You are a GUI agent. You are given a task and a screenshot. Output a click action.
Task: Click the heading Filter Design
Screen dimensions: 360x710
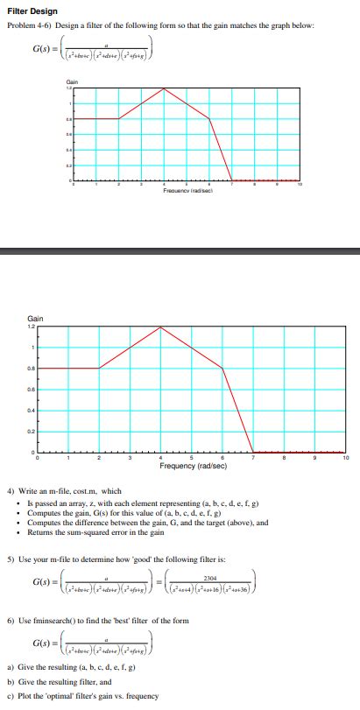[32, 11]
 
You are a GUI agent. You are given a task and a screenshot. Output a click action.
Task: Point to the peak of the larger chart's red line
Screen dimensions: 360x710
[160, 327]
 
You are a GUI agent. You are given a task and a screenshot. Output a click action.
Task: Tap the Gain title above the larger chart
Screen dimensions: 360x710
[35, 319]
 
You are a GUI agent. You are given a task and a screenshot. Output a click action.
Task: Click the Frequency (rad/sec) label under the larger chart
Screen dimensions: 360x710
[194, 466]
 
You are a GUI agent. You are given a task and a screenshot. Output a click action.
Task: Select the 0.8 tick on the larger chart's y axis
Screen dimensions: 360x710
[31, 369]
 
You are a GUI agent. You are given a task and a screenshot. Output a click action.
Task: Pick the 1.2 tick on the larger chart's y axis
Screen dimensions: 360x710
[31, 327]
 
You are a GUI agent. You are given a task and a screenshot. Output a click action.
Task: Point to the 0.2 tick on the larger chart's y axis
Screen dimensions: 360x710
[31, 431]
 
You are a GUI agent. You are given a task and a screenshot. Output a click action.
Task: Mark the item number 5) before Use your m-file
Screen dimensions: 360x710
[11, 556]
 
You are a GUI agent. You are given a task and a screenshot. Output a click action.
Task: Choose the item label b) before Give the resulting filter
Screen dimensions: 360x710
[11, 683]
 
